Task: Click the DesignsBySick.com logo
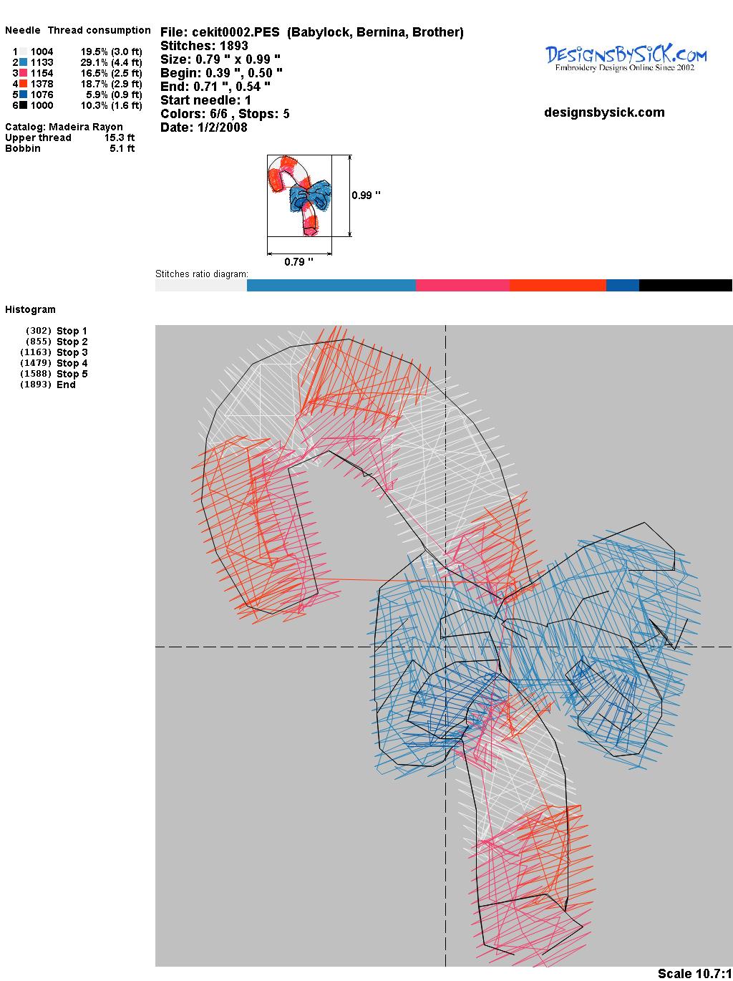(x=626, y=58)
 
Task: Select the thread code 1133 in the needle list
(x=42, y=62)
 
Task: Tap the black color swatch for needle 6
(x=23, y=105)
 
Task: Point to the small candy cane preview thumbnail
(x=300, y=195)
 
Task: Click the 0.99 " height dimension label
(x=366, y=195)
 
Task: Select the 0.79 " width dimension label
(x=298, y=262)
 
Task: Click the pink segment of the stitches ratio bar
(x=462, y=285)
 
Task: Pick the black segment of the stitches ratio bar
(x=686, y=285)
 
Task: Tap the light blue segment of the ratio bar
(x=331, y=285)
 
